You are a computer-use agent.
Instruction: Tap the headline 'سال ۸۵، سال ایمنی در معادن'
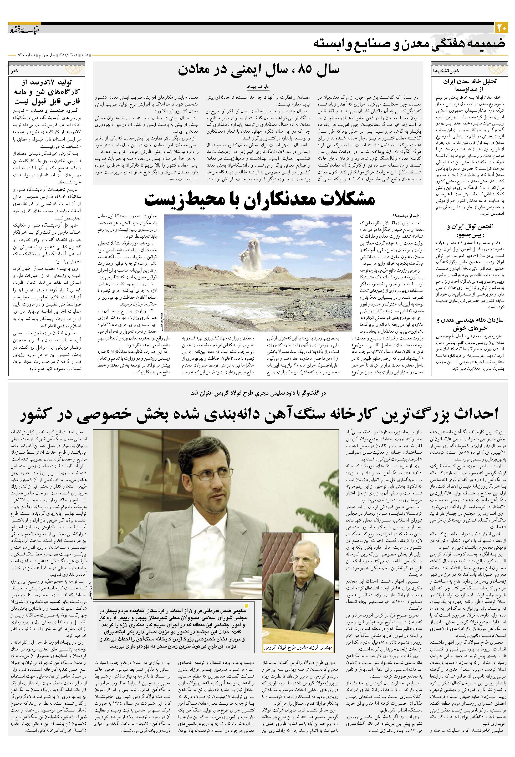tap(258, 70)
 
